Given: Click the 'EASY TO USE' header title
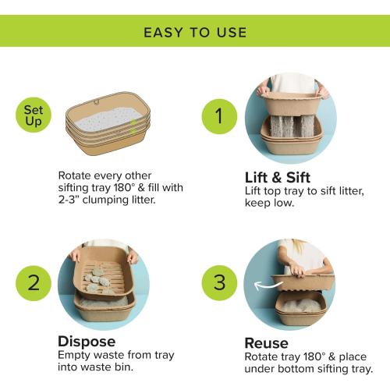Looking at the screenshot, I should coord(195,32).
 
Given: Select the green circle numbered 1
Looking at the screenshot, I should coord(218,116).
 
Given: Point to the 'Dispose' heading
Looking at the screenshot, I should coord(87,342).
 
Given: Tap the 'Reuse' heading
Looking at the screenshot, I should coord(267,342).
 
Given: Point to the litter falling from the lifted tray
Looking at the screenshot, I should coord(292,126).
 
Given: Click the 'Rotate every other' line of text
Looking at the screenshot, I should coord(106,175).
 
